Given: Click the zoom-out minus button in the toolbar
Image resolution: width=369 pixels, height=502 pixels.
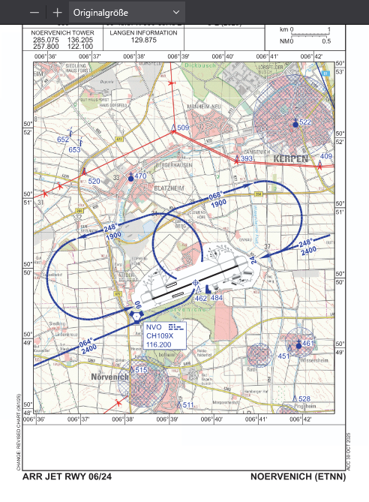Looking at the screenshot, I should [x=34, y=12].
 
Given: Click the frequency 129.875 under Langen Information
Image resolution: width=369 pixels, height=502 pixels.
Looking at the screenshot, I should [x=143, y=41].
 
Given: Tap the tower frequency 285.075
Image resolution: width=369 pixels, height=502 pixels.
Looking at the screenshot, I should [x=46, y=41].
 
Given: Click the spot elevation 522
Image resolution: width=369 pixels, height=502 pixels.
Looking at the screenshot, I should [x=304, y=122].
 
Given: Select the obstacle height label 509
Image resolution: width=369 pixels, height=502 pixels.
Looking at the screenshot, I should [x=183, y=128].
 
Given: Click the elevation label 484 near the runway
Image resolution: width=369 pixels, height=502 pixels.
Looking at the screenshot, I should [x=217, y=298].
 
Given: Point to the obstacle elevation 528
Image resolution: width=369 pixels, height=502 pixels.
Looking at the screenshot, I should [x=304, y=398].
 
